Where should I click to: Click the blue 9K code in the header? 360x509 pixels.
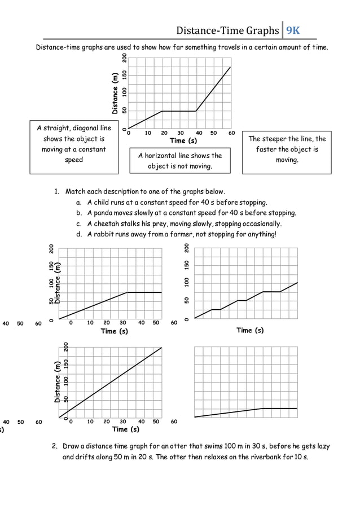293,30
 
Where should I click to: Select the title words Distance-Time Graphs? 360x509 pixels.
227,30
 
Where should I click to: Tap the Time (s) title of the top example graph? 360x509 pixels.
183,141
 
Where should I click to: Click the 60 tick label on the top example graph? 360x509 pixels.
231,133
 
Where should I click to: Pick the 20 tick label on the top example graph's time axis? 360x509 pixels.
165,133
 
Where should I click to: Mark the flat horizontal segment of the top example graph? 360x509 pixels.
179,111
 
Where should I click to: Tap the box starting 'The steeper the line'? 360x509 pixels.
287,150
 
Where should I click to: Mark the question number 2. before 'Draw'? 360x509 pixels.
55,446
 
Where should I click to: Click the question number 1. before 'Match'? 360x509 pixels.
58,192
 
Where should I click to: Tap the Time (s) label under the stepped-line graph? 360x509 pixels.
250,330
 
